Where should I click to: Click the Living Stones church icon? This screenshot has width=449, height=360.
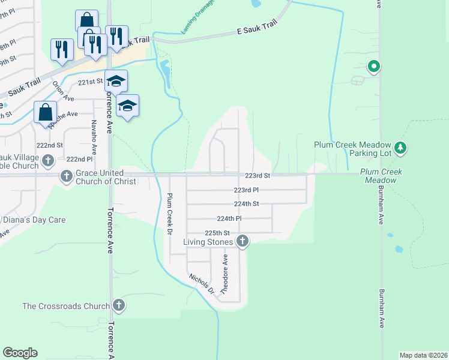pyautogui.click(x=243, y=242)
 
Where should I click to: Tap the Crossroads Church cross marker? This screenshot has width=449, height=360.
pyautogui.click(x=118, y=305)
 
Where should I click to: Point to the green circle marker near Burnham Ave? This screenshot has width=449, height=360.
pyautogui.click(x=373, y=67)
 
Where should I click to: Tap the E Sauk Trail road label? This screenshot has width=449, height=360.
pyautogui.click(x=258, y=29)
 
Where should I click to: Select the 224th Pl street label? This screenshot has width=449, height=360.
pyautogui.click(x=229, y=218)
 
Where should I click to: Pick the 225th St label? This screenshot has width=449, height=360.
pyautogui.click(x=217, y=233)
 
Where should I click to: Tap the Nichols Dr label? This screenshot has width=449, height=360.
pyautogui.click(x=201, y=283)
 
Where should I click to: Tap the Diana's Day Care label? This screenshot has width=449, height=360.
pyautogui.click(x=33, y=220)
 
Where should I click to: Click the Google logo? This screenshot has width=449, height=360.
pyautogui.click(x=20, y=353)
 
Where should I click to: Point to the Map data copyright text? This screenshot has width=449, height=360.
pyautogui.click(x=423, y=355)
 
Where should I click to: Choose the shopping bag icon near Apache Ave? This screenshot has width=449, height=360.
pyautogui.click(x=46, y=112)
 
